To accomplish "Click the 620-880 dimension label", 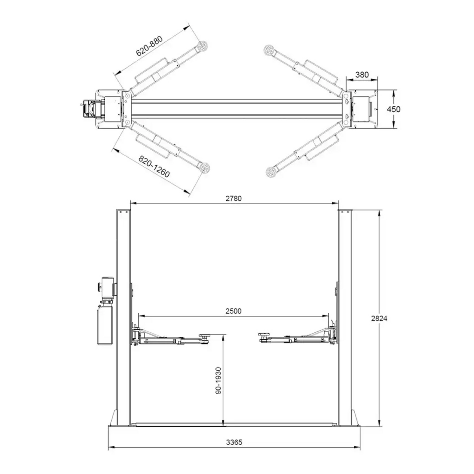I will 150,46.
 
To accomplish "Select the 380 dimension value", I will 362,75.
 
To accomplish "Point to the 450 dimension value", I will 393,109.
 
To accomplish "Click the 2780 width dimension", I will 234,198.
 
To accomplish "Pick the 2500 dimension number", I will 233,311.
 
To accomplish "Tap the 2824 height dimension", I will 379,318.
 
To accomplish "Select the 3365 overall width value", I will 234,442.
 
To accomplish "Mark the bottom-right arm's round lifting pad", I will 271,171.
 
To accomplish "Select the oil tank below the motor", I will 105,325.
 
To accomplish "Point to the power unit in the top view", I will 89,109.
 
